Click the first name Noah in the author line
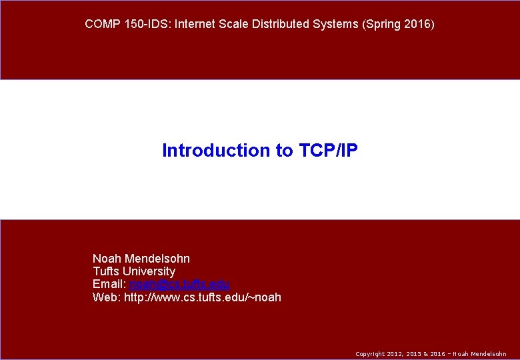click(x=107, y=259)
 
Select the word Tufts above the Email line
click(x=107, y=271)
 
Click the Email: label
click(x=109, y=285)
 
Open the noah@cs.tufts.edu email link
click(x=179, y=285)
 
